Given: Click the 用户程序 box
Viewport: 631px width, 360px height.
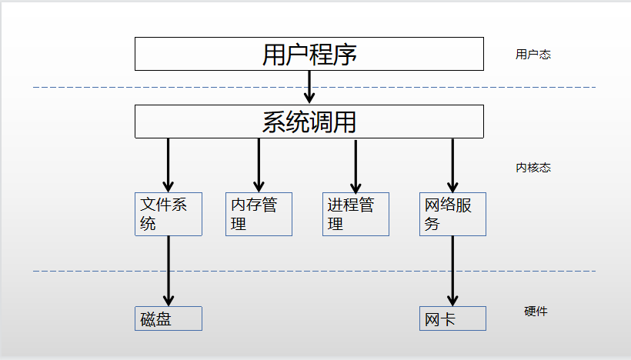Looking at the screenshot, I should point(309,54).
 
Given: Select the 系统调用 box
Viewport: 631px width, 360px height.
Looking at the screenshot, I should point(309,122).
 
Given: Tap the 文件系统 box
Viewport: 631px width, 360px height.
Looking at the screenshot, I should point(169,214).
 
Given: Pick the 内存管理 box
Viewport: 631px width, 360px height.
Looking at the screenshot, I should point(259,214).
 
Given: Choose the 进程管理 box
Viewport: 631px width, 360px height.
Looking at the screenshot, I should point(356,214).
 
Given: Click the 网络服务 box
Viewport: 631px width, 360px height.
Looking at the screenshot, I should point(452,214).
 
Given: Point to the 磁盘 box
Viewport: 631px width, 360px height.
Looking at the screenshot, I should point(169,318).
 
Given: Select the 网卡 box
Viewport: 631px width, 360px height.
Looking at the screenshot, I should point(452,318).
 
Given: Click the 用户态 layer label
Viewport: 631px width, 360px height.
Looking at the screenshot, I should point(533,55).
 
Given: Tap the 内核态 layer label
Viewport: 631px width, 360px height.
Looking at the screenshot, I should point(533,168).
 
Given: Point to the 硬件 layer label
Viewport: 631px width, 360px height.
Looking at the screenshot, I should point(536,312).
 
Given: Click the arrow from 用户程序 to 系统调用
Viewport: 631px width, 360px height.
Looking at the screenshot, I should point(310,87).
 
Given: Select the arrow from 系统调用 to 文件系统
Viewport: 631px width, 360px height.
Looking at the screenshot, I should point(168,165).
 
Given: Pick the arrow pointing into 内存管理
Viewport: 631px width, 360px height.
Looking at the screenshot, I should point(259,165).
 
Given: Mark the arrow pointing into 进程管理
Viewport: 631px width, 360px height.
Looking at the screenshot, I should point(356,165).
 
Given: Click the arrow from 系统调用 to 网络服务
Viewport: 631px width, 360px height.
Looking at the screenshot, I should point(452,165).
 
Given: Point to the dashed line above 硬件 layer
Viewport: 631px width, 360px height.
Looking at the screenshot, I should point(308,271).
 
